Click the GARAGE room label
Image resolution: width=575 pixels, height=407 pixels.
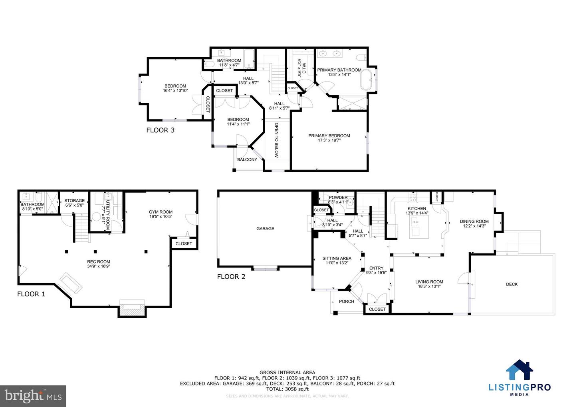pos(265,229)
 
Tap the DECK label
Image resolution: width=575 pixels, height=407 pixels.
pos(512,284)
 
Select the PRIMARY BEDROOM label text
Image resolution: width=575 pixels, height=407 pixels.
pos(329,136)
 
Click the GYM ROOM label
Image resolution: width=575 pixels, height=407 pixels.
pos(161,212)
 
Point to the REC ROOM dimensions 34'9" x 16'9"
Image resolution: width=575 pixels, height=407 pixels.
pos(99,266)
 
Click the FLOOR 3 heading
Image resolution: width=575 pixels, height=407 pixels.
pos(160,130)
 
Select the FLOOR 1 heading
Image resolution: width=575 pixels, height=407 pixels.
pos(31,294)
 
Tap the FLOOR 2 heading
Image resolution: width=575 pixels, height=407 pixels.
pos(231,277)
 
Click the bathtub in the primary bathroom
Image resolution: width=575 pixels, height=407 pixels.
pos(367,80)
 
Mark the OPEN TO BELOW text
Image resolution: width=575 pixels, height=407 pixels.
pos(276,140)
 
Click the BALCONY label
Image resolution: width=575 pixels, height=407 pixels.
pos(247,160)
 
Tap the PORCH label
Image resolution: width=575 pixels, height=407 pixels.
pos(346,301)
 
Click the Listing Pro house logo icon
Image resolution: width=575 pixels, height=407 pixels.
pos(519,370)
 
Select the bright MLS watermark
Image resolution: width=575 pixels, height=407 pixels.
pos(33,396)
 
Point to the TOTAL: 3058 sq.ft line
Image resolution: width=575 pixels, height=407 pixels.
pos(287,389)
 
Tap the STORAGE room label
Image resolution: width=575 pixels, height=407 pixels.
pos(75,201)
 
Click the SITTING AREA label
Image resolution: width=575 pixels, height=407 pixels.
pos(337,258)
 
